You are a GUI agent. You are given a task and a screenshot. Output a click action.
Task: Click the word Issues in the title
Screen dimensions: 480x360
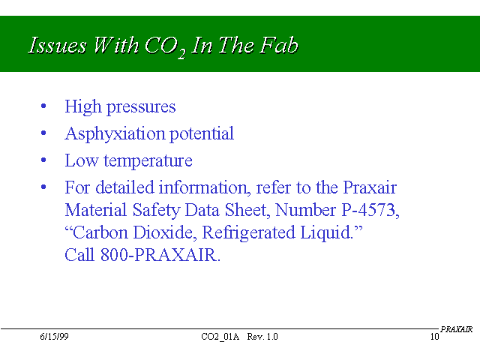pyautogui.click(x=57, y=45)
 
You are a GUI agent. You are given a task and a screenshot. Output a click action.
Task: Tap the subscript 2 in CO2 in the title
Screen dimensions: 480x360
pyautogui.click(x=181, y=54)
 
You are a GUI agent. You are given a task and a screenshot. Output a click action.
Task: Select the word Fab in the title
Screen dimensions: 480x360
pyautogui.click(x=279, y=45)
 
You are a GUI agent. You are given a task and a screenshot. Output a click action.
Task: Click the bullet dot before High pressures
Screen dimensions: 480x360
pyautogui.click(x=43, y=106)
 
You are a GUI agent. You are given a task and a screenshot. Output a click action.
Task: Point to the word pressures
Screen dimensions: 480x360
pyautogui.click(x=141, y=108)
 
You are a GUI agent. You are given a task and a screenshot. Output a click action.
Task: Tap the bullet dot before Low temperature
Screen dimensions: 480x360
pyautogui.click(x=43, y=160)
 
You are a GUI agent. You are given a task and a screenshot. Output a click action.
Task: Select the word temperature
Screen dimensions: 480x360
pyautogui.click(x=148, y=161)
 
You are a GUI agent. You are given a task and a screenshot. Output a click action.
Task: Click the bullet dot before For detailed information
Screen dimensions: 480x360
pyautogui.click(x=43, y=187)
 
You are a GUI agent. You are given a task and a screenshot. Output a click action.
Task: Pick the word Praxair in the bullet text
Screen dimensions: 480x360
pyautogui.click(x=370, y=187)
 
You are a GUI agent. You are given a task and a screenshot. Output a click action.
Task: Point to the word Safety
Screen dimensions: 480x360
pyautogui.click(x=157, y=211)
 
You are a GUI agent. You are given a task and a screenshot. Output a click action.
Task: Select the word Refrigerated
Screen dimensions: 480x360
pyautogui.click(x=248, y=233)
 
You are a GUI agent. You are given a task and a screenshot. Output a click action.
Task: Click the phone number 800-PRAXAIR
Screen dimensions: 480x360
pyautogui.click(x=160, y=255)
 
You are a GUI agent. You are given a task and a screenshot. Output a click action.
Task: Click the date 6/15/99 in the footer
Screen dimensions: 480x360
pyautogui.click(x=54, y=337)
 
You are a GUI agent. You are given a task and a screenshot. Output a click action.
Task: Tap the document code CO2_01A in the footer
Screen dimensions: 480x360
pyautogui.click(x=220, y=337)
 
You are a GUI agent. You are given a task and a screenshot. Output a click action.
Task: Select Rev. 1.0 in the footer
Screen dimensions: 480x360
pyautogui.click(x=262, y=337)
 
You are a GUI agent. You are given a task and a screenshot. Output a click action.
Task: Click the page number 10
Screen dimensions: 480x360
pyautogui.click(x=435, y=337)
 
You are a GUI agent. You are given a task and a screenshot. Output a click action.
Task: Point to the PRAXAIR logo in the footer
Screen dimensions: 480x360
pyautogui.click(x=457, y=329)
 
